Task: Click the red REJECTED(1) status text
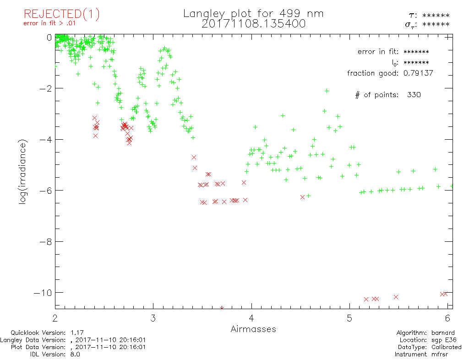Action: pyautogui.click(x=61, y=14)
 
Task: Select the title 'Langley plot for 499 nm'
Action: pyautogui.click(x=253, y=14)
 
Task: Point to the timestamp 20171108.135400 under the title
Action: pyautogui.click(x=253, y=24)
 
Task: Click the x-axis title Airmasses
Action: pyautogui.click(x=253, y=329)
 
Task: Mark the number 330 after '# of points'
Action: pyautogui.click(x=412, y=95)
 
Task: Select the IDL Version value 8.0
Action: pyautogui.click(x=75, y=354)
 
